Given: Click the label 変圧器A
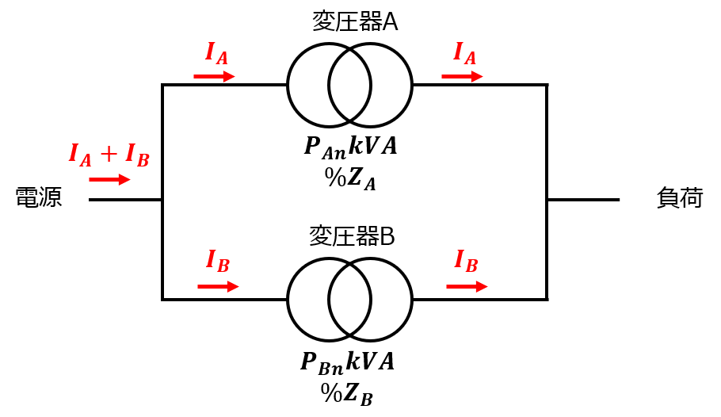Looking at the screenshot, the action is click(x=355, y=21).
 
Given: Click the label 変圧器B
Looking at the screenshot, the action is click(x=352, y=236).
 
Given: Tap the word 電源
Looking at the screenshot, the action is click(x=39, y=197).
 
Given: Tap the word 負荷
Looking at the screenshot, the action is click(x=680, y=198).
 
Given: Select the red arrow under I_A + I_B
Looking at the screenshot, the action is click(x=110, y=179).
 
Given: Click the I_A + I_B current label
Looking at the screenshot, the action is click(x=109, y=155).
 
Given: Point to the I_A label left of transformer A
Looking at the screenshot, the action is click(x=216, y=53).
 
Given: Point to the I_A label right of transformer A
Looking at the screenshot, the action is click(x=464, y=53).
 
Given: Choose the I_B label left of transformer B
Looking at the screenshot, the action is click(x=218, y=261).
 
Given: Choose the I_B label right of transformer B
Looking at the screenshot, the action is click(x=466, y=261).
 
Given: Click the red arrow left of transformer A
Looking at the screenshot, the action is click(x=214, y=76).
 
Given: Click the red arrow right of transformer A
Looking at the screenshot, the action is click(x=462, y=76).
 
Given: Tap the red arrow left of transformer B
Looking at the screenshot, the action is click(x=219, y=287).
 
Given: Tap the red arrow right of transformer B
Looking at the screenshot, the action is click(x=467, y=287).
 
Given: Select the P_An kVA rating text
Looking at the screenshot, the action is click(x=350, y=147).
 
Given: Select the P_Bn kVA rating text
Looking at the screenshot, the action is click(x=348, y=362).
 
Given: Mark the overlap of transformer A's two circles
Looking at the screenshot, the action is click(x=349, y=85).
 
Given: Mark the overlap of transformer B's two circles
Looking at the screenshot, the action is click(x=349, y=300).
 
